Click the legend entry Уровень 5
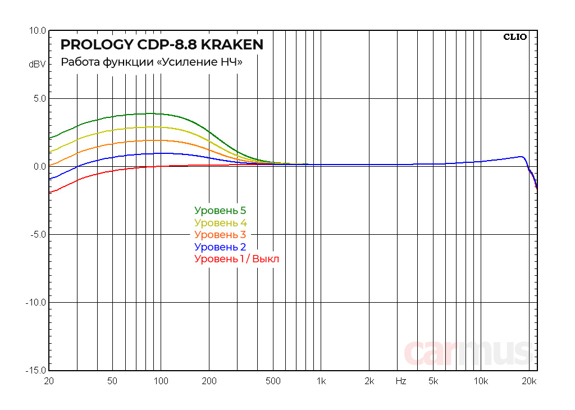[x=220, y=211]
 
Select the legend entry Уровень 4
[x=220, y=223]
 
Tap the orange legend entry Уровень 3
[x=220, y=235]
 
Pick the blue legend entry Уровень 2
[x=220, y=247]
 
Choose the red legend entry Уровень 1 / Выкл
[x=236, y=259]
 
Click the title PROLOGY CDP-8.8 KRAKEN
[x=162, y=45]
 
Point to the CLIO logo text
[x=515, y=37]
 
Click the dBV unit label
[x=37, y=65]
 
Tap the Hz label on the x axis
[x=400, y=381]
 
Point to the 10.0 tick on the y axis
[x=38, y=31]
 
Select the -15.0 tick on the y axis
[x=36, y=371]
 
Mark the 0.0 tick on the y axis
[x=39, y=167]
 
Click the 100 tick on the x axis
[x=161, y=381]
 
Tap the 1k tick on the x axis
[x=321, y=381]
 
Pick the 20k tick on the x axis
[x=529, y=381]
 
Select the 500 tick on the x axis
[x=273, y=381]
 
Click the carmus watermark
[x=468, y=352]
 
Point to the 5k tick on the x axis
[x=433, y=381]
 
